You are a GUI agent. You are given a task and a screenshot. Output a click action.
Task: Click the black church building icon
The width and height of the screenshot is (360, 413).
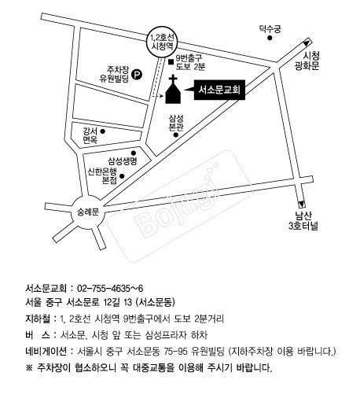click(173, 91)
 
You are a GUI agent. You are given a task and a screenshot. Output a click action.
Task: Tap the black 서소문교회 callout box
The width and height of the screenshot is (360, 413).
click(219, 90)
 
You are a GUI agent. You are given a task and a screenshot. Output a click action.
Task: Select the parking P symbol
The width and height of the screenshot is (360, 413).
click(137, 74)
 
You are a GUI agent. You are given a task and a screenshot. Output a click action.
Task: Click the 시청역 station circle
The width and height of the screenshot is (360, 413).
click(162, 42)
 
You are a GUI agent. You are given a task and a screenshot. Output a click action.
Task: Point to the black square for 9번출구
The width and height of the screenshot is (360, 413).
click(171, 61)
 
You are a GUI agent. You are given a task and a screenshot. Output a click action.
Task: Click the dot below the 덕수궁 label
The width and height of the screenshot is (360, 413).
click(270, 38)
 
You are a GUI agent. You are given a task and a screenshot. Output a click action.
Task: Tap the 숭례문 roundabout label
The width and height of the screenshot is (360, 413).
click(88, 212)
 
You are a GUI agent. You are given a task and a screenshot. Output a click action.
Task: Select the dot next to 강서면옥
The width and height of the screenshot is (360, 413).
click(103, 131)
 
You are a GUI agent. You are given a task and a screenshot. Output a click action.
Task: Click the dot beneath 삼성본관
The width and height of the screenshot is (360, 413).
click(176, 135)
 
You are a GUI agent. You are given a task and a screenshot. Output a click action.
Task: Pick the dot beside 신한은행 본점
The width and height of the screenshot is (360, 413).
click(122, 176)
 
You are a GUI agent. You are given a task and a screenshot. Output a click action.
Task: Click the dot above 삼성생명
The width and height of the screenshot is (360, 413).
click(134, 153)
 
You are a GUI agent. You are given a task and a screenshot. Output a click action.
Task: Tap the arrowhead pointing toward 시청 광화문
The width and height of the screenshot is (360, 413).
click(307, 42)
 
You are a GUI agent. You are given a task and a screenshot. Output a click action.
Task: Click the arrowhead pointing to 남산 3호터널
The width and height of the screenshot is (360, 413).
click(301, 204)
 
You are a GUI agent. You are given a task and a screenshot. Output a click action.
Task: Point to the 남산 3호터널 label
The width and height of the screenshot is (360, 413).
click(303, 221)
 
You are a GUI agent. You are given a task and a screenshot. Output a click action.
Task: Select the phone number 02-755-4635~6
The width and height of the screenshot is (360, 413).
click(110, 289)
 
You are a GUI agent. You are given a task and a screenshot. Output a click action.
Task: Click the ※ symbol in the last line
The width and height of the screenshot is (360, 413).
click(29, 367)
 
